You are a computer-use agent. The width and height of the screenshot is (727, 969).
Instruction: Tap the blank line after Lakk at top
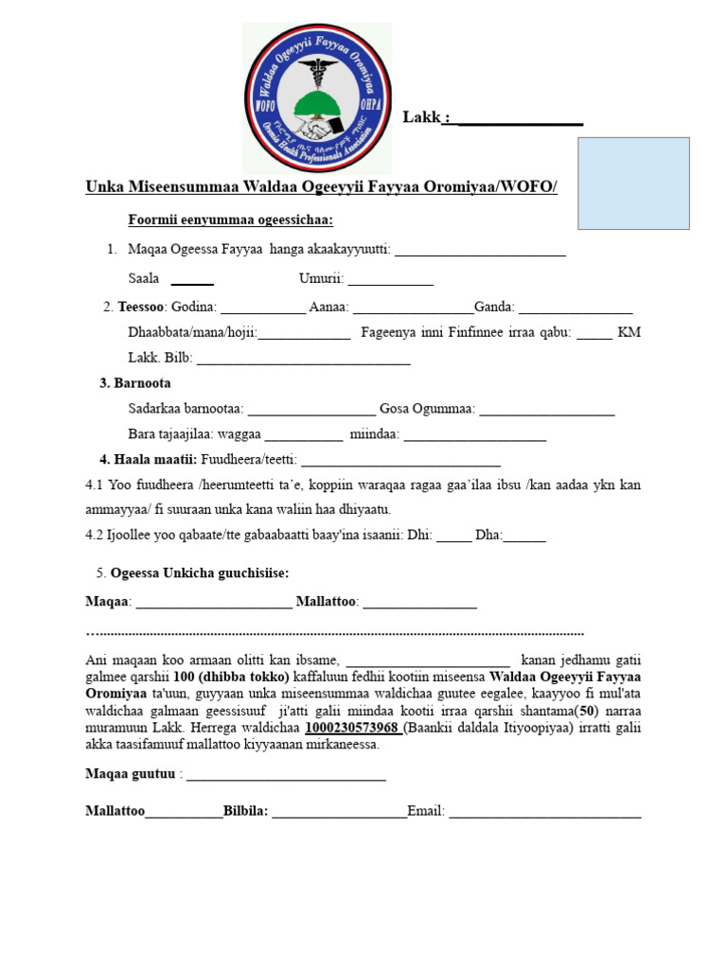pyautogui.click(x=520, y=119)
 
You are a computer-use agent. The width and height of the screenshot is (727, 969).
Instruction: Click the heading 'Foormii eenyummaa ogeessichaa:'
pyautogui.click(x=231, y=220)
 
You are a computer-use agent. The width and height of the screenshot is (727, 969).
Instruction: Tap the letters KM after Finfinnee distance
pyautogui.click(x=629, y=333)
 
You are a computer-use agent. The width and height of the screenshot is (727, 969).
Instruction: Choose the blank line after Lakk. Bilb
pyautogui.click(x=303, y=360)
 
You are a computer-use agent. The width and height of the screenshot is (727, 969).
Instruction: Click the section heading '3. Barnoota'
pyautogui.click(x=135, y=383)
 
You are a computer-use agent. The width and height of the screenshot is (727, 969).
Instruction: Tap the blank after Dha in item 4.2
pyautogui.click(x=524, y=537)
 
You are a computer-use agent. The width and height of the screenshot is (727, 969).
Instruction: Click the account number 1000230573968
pyautogui.click(x=351, y=729)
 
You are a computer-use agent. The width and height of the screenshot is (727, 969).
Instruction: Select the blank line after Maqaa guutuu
pyautogui.click(x=286, y=776)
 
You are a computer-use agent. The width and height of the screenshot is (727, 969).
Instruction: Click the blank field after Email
pyautogui.click(x=545, y=812)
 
